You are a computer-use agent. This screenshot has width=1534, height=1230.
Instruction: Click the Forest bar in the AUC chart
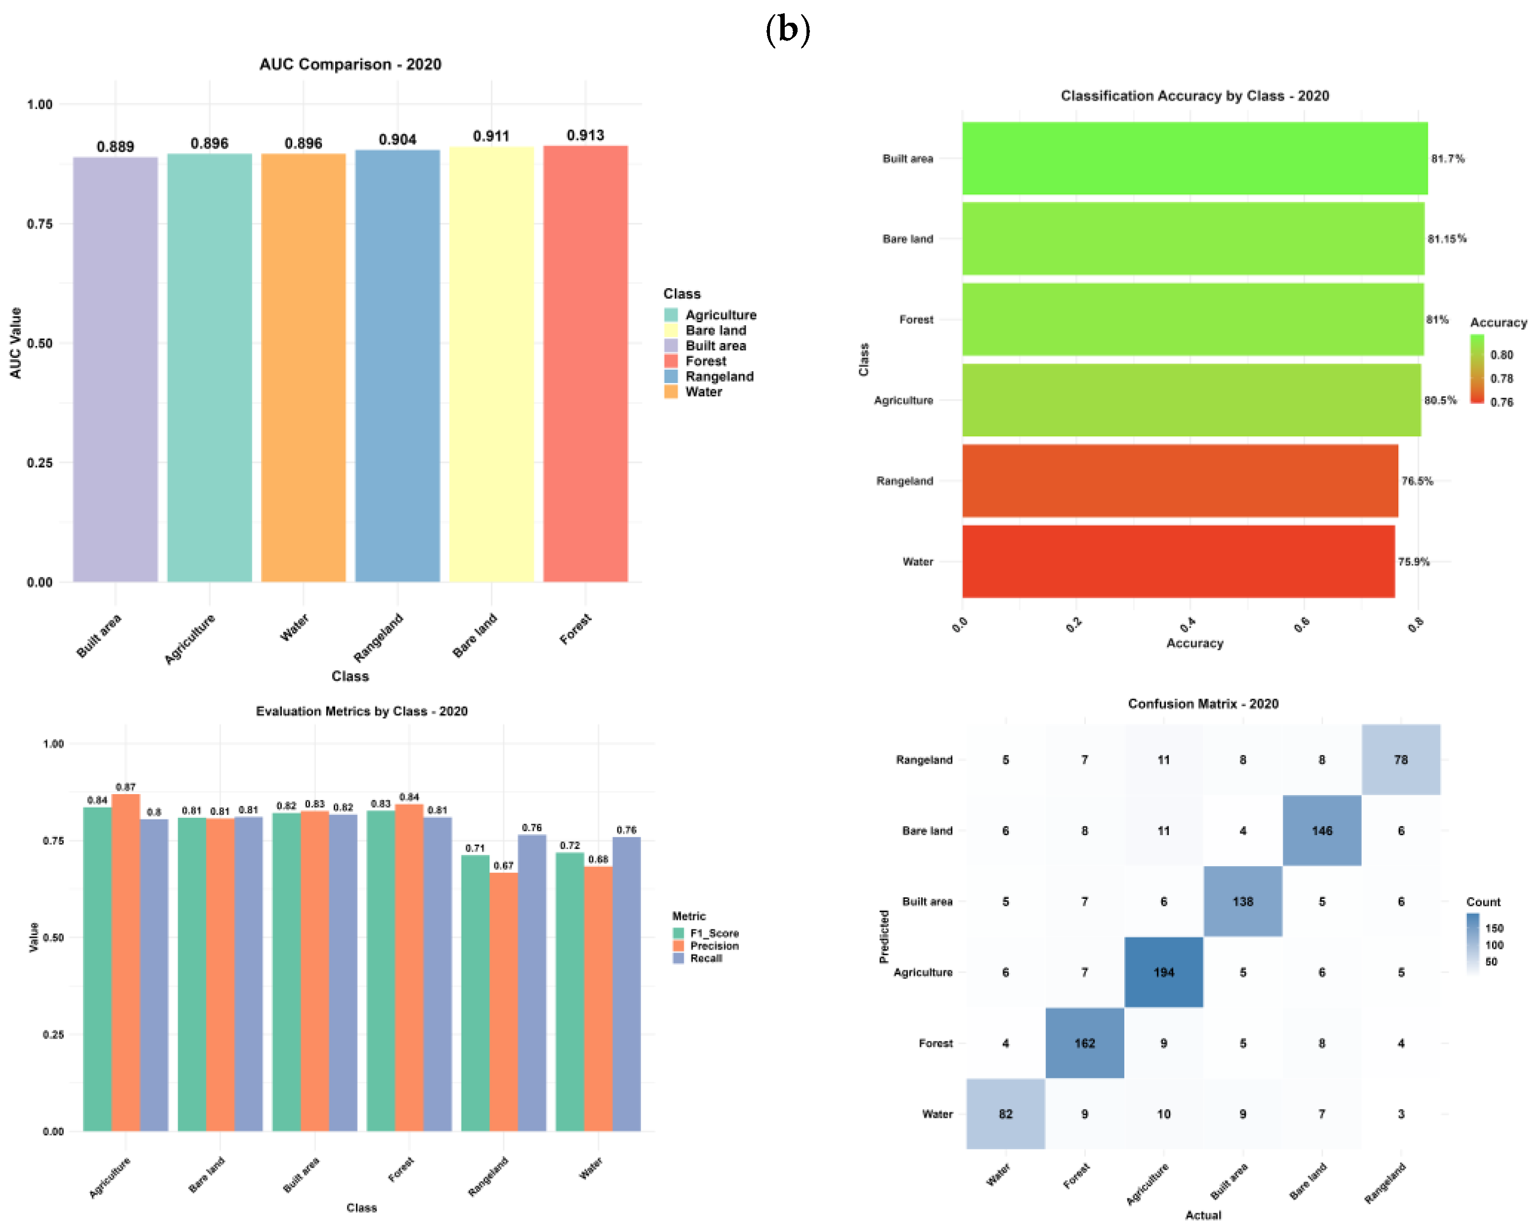click(585, 364)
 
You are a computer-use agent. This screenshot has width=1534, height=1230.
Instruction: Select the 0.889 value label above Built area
click(115, 147)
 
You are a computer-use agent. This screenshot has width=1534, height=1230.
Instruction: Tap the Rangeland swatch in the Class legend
click(671, 376)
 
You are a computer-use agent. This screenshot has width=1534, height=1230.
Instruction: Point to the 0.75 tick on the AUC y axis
click(40, 224)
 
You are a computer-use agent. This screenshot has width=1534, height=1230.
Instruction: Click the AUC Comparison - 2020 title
click(350, 64)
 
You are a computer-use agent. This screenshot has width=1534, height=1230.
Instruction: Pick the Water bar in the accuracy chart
click(1178, 561)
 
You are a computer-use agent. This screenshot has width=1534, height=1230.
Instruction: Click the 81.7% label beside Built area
click(1448, 158)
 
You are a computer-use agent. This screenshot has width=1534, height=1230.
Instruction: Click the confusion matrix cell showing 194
click(1164, 972)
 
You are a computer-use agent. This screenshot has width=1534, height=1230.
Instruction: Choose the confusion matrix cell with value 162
click(1085, 1043)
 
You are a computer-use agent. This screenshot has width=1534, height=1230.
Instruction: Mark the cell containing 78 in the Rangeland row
click(1401, 760)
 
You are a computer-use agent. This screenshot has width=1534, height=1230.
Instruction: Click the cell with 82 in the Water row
click(1005, 1114)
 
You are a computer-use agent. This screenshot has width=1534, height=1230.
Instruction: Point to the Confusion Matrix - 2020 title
click(1203, 703)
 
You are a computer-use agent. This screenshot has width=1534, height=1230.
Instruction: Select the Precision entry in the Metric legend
click(714, 945)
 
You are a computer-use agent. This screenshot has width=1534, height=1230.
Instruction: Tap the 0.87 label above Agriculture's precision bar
click(126, 787)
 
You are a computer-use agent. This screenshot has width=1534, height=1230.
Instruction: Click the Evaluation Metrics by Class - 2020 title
click(361, 711)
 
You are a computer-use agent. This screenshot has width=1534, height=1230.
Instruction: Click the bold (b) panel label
click(788, 30)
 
